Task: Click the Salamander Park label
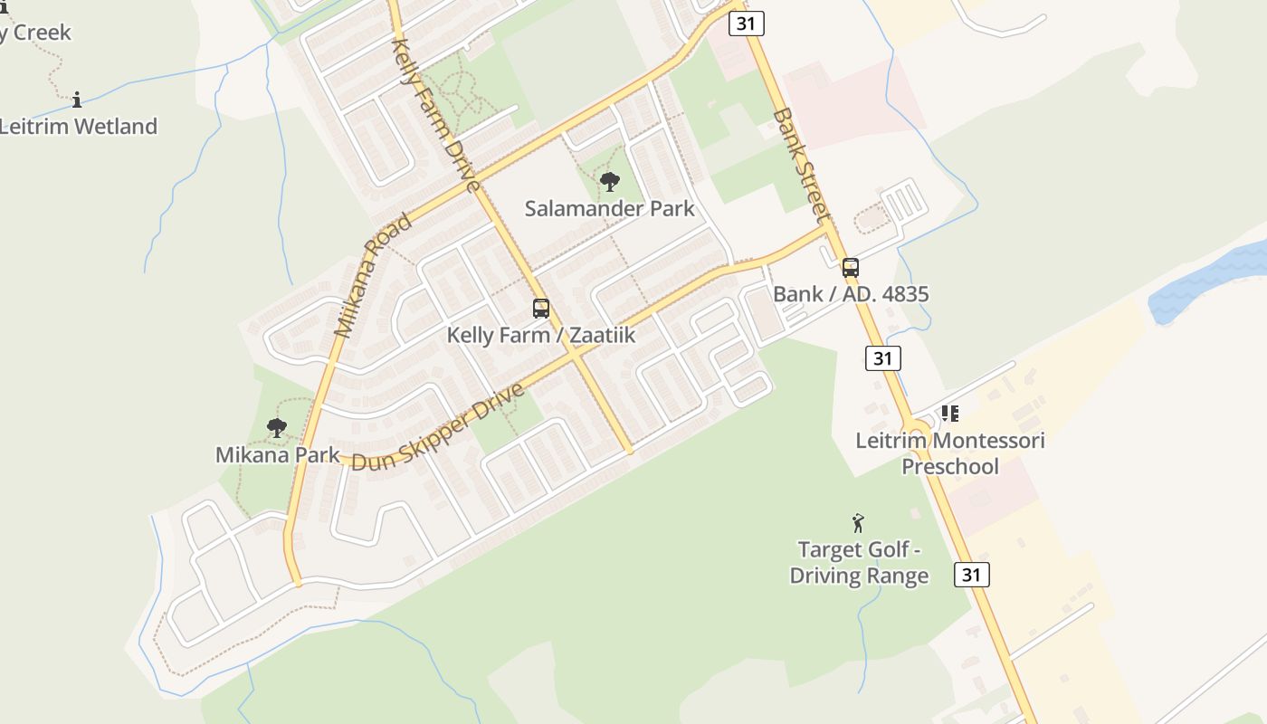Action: click(x=609, y=209)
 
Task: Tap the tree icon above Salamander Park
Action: click(x=610, y=182)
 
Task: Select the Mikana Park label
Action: click(x=277, y=455)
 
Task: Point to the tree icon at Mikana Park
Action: click(x=277, y=427)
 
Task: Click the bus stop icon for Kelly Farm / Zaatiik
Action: click(x=541, y=309)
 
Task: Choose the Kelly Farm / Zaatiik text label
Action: click(x=541, y=336)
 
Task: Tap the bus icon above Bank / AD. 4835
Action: click(x=851, y=268)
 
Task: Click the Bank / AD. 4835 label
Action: click(x=851, y=294)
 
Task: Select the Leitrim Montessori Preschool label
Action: click(x=950, y=453)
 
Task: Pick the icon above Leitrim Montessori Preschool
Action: click(x=949, y=414)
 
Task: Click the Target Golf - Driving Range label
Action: click(x=859, y=562)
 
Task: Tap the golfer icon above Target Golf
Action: click(x=858, y=522)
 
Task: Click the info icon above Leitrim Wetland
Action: click(x=77, y=100)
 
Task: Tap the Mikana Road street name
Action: click(x=371, y=277)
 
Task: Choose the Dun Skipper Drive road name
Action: click(x=438, y=427)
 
